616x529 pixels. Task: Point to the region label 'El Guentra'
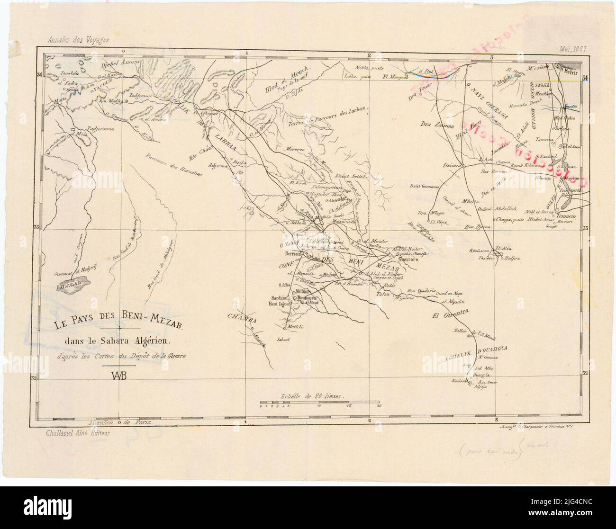450,314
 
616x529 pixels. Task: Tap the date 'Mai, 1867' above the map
573,48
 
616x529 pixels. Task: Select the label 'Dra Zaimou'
435,125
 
